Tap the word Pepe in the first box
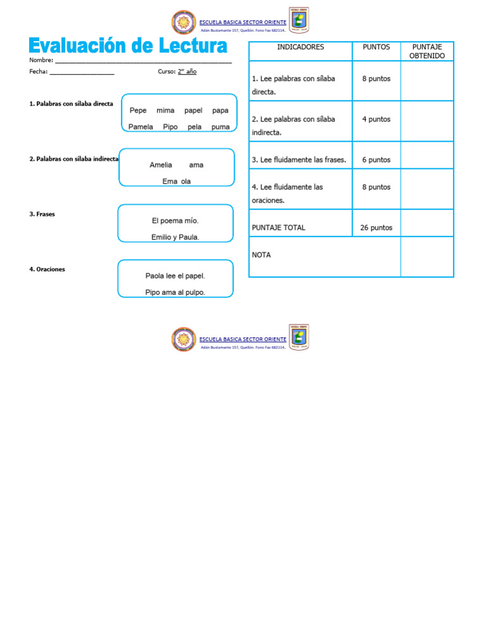138,110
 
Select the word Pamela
140,127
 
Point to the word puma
220,127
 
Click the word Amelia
161,165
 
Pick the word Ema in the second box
169,181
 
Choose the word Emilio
163,237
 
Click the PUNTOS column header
376,47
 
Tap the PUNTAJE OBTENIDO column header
427,51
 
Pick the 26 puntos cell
376,228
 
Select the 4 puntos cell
376,119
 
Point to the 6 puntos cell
376,160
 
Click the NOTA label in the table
261,255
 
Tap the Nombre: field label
41,60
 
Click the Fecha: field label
39,71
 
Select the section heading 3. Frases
42,214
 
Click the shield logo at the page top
299,20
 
